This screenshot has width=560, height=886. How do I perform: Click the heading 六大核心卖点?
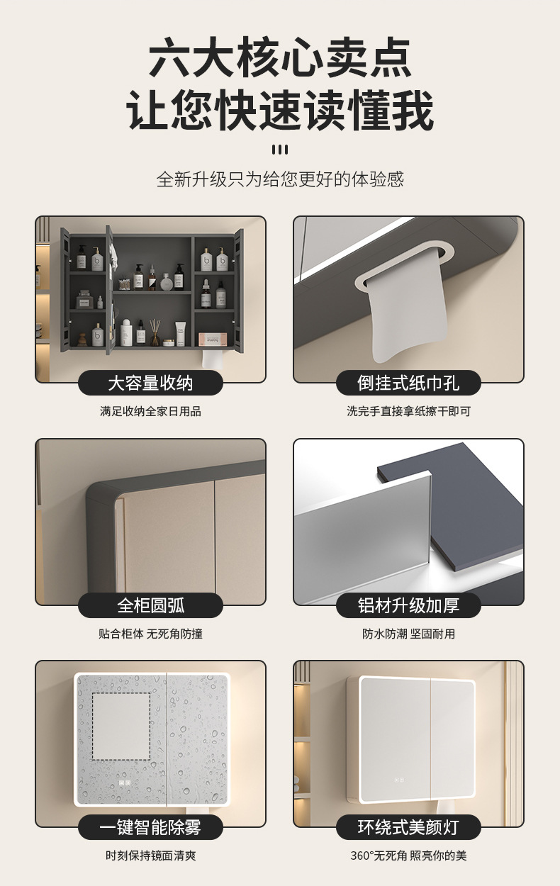pyautogui.click(x=280, y=57)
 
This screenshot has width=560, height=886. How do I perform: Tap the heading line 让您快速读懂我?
pyautogui.click(x=280, y=109)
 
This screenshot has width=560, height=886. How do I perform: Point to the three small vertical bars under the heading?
pyautogui.click(x=280, y=150)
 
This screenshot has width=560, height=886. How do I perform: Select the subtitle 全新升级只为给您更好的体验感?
pyautogui.click(x=280, y=179)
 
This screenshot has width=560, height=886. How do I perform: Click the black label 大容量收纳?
pyautogui.click(x=150, y=383)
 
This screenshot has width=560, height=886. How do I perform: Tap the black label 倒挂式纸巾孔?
pyautogui.click(x=408, y=383)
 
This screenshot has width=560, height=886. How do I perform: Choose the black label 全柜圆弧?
pyautogui.click(x=150, y=605)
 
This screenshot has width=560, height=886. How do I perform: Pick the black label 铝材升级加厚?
pyautogui.click(x=408, y=605)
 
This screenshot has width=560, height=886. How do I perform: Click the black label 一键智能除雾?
pyautogui.click(x=150, y=827)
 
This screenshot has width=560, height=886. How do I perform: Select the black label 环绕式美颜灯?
pyautogui.click(x=408, y=827)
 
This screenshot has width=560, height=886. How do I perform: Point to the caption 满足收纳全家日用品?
pyautogui.click(x=150, y=411)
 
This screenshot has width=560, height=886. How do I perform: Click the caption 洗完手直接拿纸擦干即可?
pyautogui.click(x=408, y=411)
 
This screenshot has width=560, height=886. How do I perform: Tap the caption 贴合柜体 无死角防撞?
pyautogui.click(x=150, y=634)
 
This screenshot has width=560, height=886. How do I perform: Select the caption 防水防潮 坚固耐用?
pyautogui.click(x=408, y=634)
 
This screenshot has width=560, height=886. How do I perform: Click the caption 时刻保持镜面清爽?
pyautogui.click(x=150, y=856)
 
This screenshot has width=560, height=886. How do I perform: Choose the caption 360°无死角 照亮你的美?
pyautogui.click(x=408, y=856)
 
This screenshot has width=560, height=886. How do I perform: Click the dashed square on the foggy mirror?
pyautogui.click(x=121, y=727)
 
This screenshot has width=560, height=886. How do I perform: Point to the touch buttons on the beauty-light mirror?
pyautogui.click(x=399, y=780)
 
